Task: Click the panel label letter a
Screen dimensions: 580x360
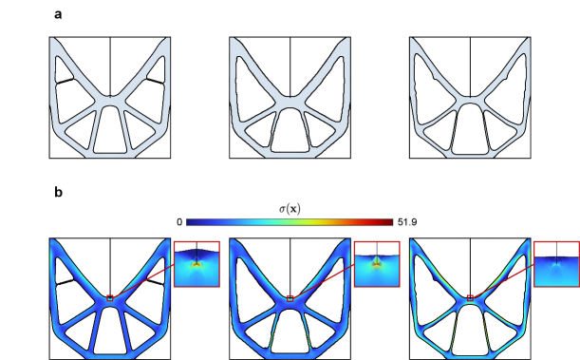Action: pyautogui.click(x=58, y=15)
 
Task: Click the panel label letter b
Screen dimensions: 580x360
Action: pyautogui.click(x=59, y=192)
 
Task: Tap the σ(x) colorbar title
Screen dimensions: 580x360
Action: pyautogui.click(x=290, y=209)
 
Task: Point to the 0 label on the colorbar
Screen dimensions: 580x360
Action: pyautogui.click(x=179, y=222)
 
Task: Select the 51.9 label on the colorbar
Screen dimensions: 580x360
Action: pyautogui.click(x=407, y=222)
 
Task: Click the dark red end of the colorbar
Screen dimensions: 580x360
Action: pyautogui.click(x=389, y=222)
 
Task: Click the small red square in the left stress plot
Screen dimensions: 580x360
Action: pyautogui.click(x=110, y=298)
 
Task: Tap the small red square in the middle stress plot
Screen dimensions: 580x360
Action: pyautogui.click(x=290, y=298)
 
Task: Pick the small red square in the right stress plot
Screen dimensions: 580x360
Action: pyautogui.click(x=470, y=298)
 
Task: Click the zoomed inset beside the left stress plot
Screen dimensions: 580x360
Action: pyautogui.click(x=196, y=264)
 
